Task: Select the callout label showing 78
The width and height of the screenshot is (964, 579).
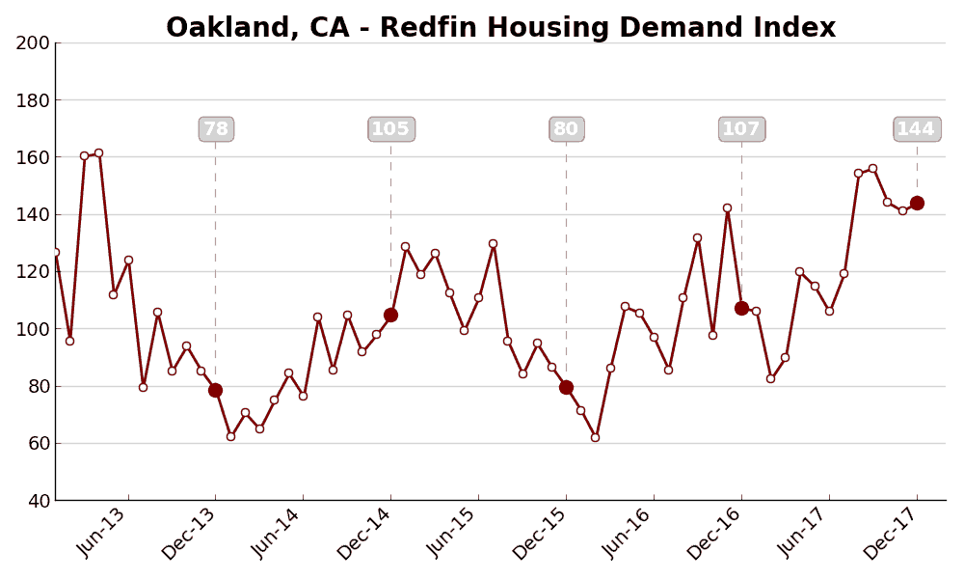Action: tap(216, 129)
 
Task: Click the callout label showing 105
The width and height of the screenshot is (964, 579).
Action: tap(390, 129)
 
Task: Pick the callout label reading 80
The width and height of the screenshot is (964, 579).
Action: tap(566, 129)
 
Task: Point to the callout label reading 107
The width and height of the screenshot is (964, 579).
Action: tap(741, 129)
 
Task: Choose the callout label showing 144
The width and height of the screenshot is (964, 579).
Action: tap(916, 129)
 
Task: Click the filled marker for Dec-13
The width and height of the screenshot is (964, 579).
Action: tap(215, 390)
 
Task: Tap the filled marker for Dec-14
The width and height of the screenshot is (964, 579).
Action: tap(390, 315)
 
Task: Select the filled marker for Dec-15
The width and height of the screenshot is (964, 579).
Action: tap(566, 387)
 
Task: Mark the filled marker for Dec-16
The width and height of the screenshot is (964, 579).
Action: tap(741, 308)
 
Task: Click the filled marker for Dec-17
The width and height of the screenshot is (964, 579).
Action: tap(917, 203)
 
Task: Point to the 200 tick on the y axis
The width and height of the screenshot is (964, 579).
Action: tap(33, 42)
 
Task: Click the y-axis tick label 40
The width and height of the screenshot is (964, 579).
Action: tap(37, 501)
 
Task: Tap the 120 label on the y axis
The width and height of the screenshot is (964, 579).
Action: tap(33, 271)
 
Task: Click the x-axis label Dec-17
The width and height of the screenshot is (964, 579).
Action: tap(893, 536)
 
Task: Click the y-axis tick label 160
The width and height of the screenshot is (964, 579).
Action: tap(33, 157)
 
